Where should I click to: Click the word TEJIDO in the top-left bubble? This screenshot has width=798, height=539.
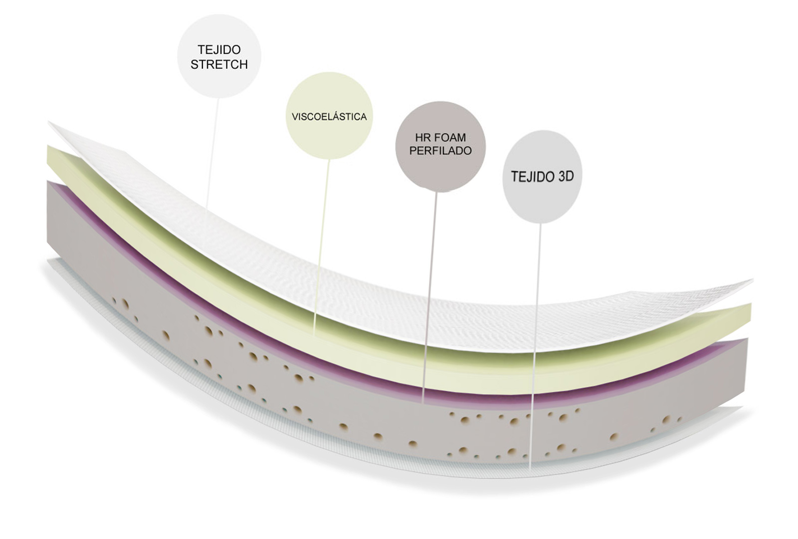point(219,49)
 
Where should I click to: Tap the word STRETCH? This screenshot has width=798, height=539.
point(219,64)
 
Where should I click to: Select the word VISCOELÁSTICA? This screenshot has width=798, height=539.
point(329,117)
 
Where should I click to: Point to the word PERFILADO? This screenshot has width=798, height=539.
point(441,151)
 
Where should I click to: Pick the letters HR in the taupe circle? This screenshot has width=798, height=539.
point(422,137)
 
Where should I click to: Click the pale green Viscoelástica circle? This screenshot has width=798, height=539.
point(329,115)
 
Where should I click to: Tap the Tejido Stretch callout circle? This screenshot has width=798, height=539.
point(219,56)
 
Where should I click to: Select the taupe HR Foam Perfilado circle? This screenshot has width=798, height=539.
point(441,147)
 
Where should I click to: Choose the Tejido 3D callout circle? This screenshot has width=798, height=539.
point(542,177)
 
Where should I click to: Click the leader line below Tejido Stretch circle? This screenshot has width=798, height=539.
point(212,153)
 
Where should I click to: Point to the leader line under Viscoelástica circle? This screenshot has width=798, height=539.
point(321,247)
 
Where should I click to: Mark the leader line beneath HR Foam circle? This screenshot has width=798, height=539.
point(429,297)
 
